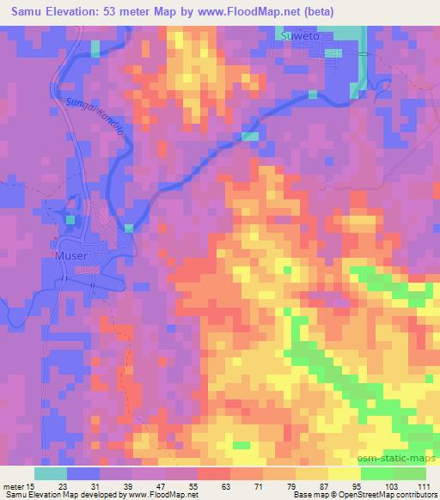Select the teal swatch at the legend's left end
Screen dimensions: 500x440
(x=52, y=473)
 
